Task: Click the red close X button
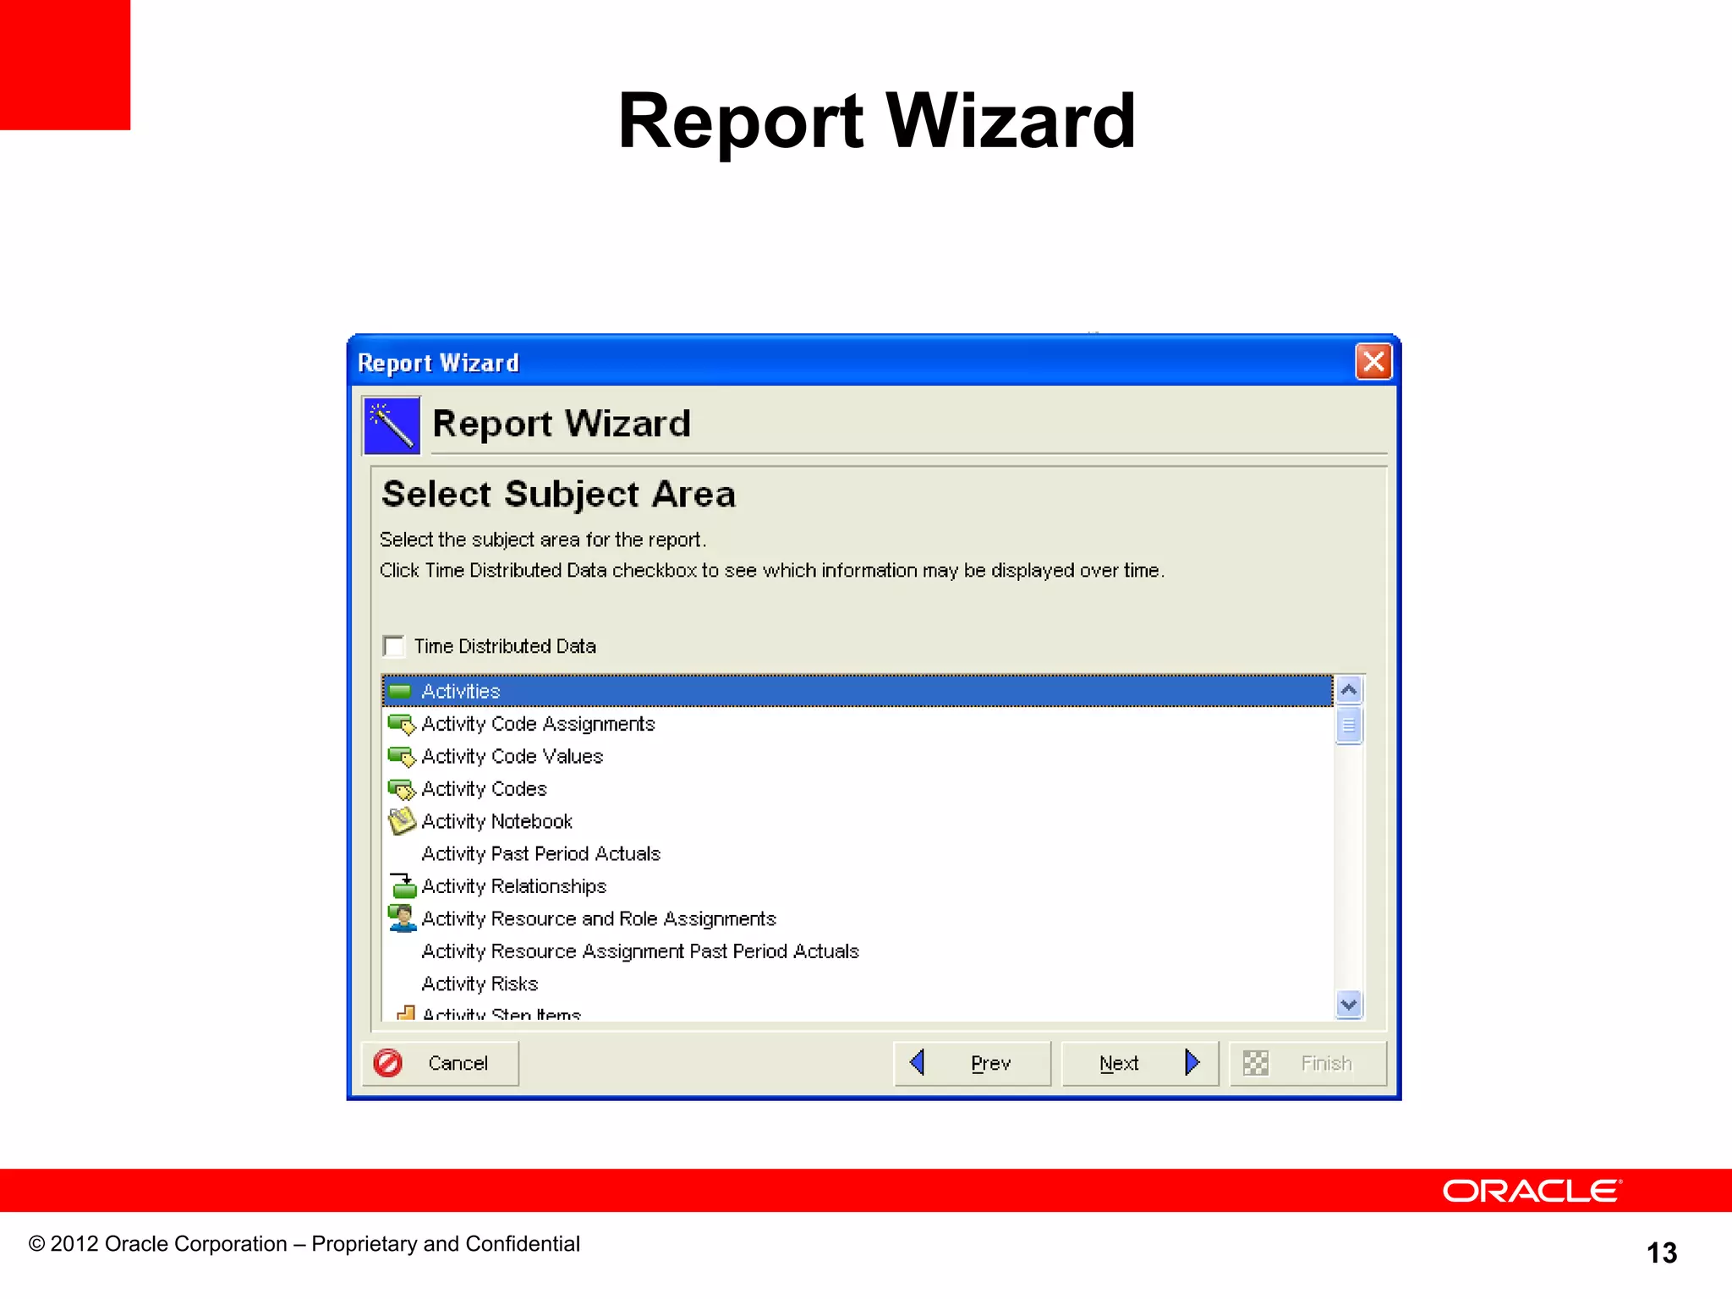pyautogui.click(x=1373, y=362)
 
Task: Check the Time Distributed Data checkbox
pyautogui.click(x=394, y=646)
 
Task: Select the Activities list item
pyautogui.click(x=461, y=691)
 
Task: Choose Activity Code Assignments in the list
pyautogui.click(x=538, y=724)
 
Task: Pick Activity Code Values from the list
pyautogui.click(x=512, y=756)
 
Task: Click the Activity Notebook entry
pyautogui.click(x=496, y=821)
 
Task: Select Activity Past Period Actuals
pyautogui.click(x=540, y=854)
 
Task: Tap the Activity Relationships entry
pyautogui.click(x=513, y=886)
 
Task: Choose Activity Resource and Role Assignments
pyautogui.click(x=598, y=918)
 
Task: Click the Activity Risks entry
pyautogui.click(x=480, y=984)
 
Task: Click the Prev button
pyautogui.click(x=973, y=1063)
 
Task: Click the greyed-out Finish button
pyautogui.click(x=1307, y=1063)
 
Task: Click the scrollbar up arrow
pyautogui.click(x=1349, y=690)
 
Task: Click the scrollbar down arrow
pyautogui.click(x=1349, y=1005)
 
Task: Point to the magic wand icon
pyautogui.click(x=392, y=425)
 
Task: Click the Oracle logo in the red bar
pyautogui.click(x=1532, y=1191)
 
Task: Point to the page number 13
pyautogui.click(x=1661, y=1252)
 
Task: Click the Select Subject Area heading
pyautogui.click(x=558, y=494)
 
